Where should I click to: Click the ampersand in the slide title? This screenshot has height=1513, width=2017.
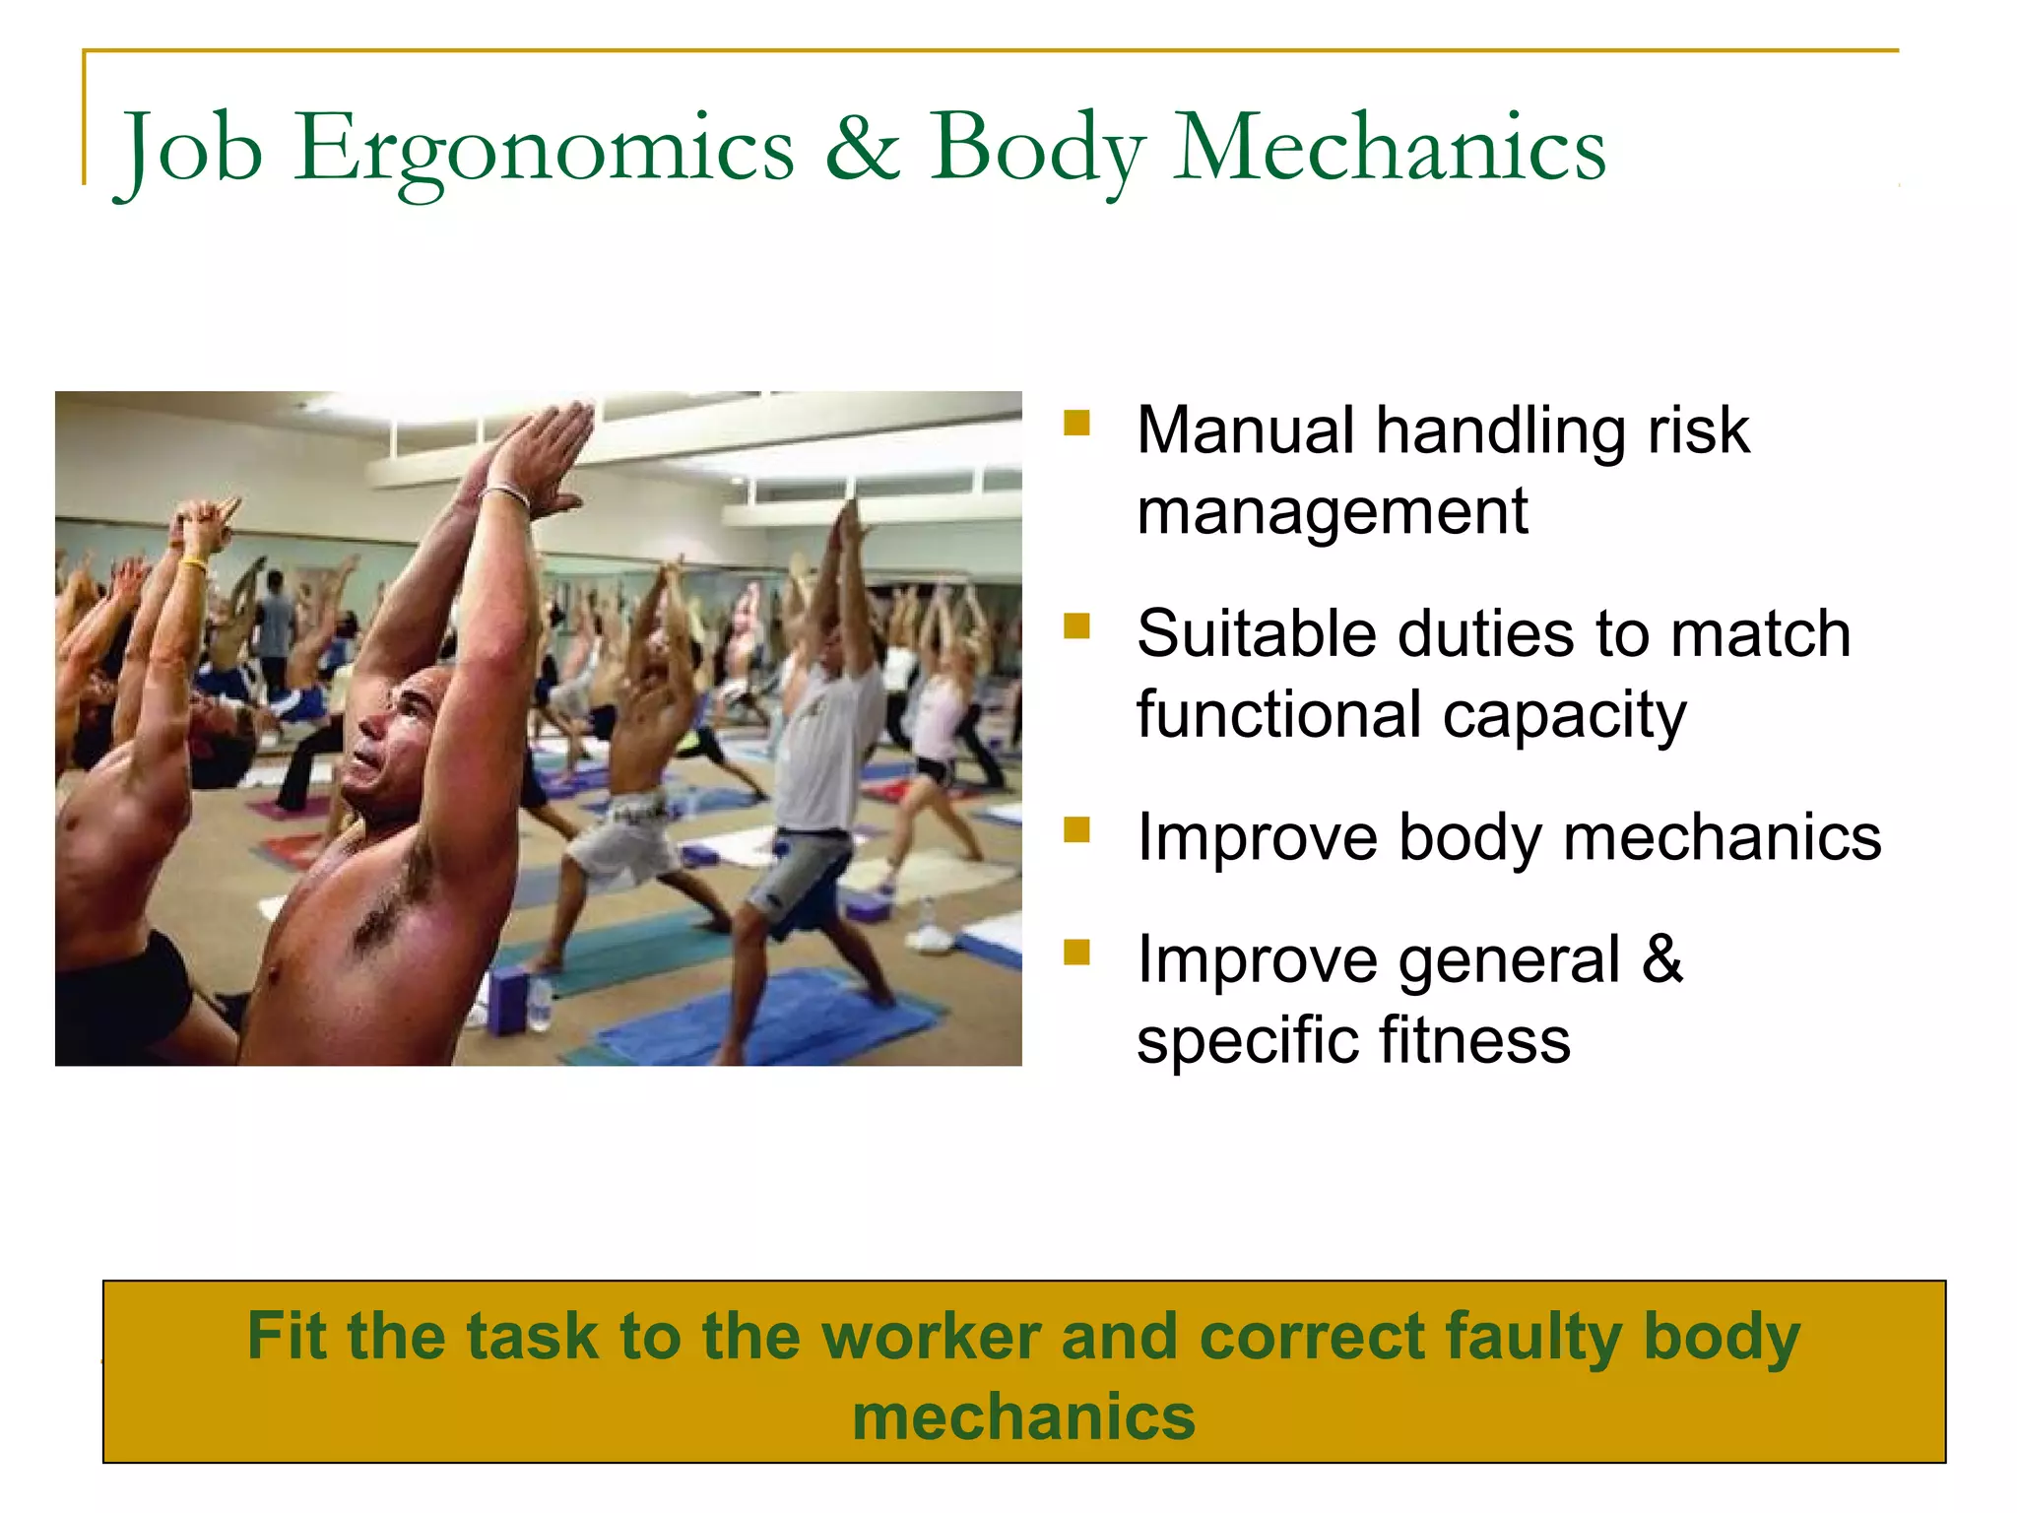click(863, 148)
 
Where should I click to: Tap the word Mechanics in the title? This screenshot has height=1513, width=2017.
click(1390, 148)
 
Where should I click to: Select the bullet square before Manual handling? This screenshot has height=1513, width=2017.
click(1076, 424)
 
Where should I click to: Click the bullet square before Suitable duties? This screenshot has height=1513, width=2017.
click(1076, 626)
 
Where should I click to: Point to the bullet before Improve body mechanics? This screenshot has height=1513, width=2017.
click(1076, 830)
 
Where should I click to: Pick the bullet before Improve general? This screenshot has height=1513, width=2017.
click(1076, 953)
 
